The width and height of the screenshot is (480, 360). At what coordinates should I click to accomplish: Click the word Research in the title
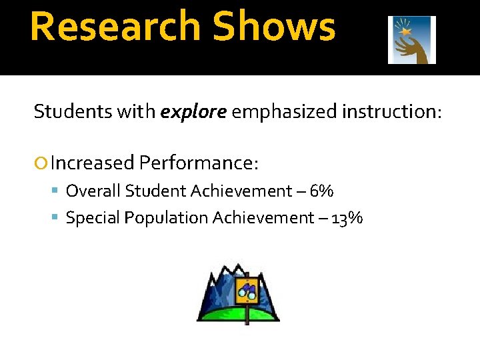115,27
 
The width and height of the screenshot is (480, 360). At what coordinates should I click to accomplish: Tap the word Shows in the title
274,27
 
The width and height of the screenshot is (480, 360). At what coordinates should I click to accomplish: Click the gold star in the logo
404,31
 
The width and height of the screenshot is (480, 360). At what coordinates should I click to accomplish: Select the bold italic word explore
193,111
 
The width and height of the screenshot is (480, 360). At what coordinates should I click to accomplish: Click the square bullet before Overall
57,192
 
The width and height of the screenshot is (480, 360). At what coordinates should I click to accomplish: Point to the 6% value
323,191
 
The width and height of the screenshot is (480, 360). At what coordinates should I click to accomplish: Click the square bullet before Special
57,218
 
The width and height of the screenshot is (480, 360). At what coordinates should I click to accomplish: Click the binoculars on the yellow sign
248,291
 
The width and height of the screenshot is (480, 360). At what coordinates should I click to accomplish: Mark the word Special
91,218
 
